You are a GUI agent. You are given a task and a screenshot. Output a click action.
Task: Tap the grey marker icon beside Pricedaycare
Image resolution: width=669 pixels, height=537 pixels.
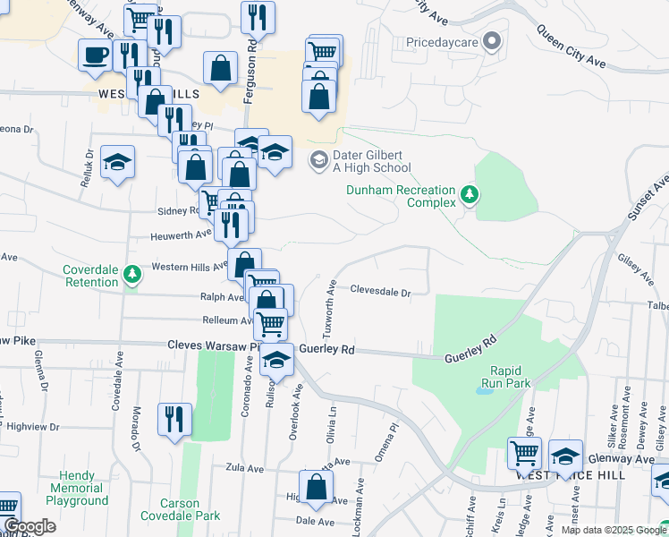tap(491, 41)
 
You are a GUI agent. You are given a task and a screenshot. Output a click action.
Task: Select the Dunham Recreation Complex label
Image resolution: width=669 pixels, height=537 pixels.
tap(401, 196)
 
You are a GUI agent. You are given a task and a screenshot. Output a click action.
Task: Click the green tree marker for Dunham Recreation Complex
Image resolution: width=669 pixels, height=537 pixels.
tap(468, 193)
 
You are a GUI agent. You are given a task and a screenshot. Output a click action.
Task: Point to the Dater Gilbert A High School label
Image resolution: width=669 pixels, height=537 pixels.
tap(372, 161)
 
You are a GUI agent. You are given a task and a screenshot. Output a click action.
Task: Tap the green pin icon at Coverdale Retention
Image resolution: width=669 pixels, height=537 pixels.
tap(132, 274)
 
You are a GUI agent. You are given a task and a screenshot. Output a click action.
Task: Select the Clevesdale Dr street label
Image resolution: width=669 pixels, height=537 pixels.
tap(380, 292)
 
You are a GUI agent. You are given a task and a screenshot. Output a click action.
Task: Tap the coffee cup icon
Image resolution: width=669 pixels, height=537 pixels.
tap(95, 55)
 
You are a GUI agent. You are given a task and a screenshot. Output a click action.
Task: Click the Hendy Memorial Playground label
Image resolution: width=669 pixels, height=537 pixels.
tap(83, 489)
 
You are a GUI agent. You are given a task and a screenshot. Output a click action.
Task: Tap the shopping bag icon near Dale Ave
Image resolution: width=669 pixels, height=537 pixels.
tap(315, 487)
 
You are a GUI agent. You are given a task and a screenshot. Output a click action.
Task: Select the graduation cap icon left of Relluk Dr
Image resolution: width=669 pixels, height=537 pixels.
tap(117, 162)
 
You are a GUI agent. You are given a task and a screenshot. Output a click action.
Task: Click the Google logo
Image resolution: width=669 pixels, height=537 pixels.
tap(29, 526)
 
